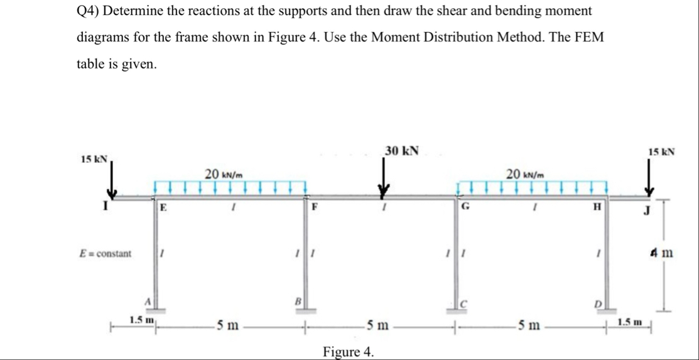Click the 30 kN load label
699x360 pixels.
point(402,151)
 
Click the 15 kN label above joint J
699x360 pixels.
point(661,152)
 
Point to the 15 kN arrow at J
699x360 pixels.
point(651,179)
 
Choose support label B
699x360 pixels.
point(299,301)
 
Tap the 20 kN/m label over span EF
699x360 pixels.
point(224,173)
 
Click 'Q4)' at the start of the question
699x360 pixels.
point(89,11)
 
